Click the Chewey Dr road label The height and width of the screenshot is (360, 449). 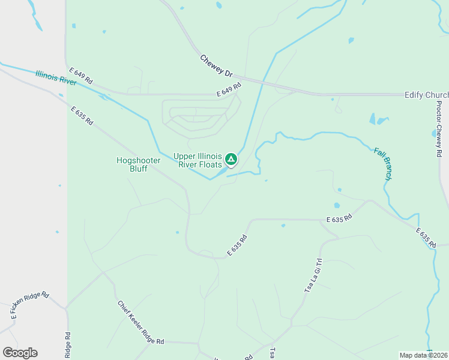pos(216,66)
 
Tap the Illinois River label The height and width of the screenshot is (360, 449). pos(56,78)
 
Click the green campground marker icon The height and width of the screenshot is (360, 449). pos(231,160)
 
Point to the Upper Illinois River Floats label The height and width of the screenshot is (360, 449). pos(197,160)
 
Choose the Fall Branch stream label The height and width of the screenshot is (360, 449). pos(383,164)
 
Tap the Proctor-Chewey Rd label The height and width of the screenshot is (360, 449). pos(439,129)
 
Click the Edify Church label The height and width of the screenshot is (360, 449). pos(426,95)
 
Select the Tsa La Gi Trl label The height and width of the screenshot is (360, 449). pos(311,275)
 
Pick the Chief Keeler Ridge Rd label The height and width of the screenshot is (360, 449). pos(140,323)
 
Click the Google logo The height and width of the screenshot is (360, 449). pos(20,353)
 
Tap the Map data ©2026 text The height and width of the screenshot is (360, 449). pos(423,355)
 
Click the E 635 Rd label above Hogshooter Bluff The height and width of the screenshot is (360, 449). pos(82,116)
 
